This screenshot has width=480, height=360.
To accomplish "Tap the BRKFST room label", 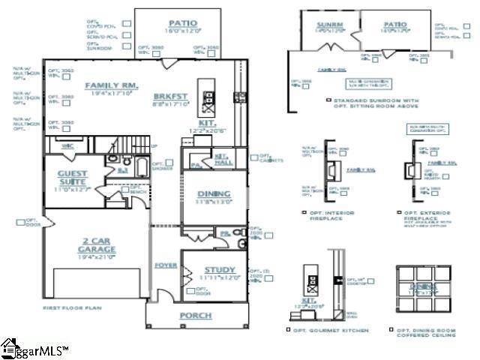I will click(x=166, y=97).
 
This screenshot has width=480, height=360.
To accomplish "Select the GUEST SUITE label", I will click(x=73, y=178).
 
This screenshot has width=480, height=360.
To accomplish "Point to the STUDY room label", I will click(x=219, y=270).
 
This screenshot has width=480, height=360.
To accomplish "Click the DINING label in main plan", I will click(x=214, y=194).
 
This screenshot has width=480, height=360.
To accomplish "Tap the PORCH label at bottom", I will click(x=195, y=315).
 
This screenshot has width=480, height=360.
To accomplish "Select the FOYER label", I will click(x=165, y=265).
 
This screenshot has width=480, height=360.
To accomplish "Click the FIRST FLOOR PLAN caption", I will click(x=72, y=308).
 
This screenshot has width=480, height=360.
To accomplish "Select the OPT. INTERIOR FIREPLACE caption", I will click(x=331, y=214).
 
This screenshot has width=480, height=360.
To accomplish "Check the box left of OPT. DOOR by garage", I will click(x=20, y=222).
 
